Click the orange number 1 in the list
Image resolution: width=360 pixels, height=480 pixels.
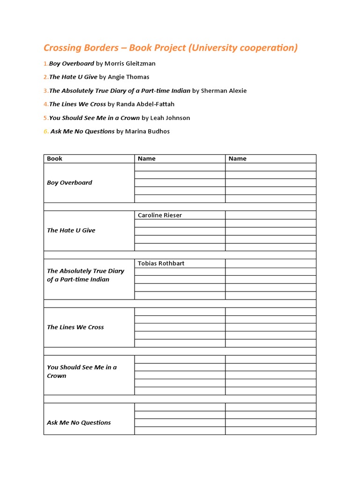(x=45, y=63)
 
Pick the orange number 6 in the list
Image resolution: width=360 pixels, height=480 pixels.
(x=46, y=131)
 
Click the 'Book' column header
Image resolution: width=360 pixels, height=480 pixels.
(x=54, y=158)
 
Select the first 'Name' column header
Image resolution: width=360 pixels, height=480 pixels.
(x=146, y=158)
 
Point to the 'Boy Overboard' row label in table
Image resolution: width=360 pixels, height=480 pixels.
(x=69, y=183)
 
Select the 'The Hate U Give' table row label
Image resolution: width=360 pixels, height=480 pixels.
(x=71, y=231)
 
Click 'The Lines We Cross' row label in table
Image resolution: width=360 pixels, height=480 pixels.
(x=75, y=327)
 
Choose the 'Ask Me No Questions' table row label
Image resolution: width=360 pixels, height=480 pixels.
(x=79, y=422)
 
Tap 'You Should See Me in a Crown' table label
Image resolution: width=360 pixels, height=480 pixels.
(x=82, y=371)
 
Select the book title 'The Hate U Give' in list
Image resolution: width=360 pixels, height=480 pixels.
(x=73, y=77)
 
